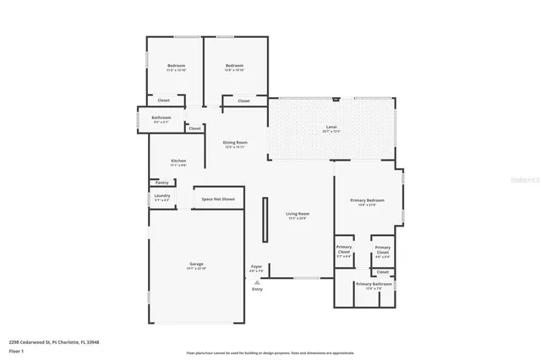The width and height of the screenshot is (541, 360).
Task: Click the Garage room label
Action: [x=196, y=265]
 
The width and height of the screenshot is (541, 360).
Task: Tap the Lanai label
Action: [x=331, y=128]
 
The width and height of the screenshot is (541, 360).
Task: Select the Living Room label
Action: [x=297, y=215]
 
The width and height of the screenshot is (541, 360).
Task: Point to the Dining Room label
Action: [x=235, y=143]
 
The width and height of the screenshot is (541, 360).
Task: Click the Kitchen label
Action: [x=178, y=161]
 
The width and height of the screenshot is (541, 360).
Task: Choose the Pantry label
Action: [x=161, y=183]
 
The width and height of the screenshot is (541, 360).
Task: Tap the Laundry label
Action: [x=162, y=196]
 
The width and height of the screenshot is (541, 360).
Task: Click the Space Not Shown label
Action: [x=218, y=199]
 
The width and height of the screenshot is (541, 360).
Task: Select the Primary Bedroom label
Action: [x=367, y=201]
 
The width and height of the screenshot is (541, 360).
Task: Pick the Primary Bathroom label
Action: [x=374, y=284]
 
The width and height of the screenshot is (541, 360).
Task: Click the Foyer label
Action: [x=256, y=267]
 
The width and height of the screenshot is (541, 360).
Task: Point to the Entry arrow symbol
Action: [x=257, y=282]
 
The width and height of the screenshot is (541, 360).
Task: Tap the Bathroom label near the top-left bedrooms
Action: [x=161, y=117]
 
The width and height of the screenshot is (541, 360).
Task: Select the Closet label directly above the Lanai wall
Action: [x=243, y=101]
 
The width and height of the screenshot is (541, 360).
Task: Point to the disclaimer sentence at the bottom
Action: [x=270, y=352]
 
